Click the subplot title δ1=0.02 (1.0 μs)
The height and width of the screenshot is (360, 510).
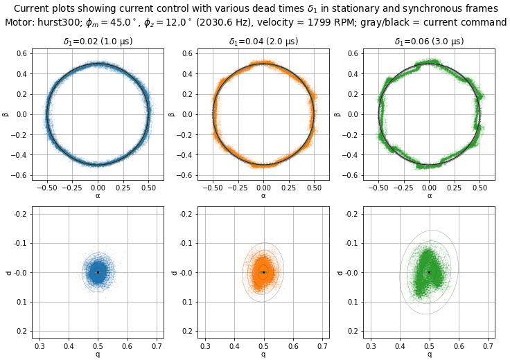click(x=98, y=42)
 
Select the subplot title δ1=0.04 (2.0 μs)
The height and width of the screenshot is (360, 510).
click(x=263, y=42)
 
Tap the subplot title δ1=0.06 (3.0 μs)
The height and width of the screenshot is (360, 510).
click(x=429, y=42)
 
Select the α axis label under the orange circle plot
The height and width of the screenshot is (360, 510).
click(x=263, y=196)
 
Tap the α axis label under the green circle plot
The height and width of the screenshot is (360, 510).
click(x=429, y=196)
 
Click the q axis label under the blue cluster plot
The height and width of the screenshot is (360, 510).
click(x=98, y=354)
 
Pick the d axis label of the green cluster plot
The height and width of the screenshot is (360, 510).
click(x=339, y=272)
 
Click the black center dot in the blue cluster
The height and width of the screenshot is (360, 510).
click(x=98, y=272)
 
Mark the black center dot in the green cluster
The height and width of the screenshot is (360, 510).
click(x=429, y=272)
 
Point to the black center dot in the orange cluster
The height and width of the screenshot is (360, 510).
click(x=263, y=272)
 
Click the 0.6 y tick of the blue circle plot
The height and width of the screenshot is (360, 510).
click(x=22, y=53)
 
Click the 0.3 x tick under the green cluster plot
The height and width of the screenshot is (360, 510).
click(x=371, y=345)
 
